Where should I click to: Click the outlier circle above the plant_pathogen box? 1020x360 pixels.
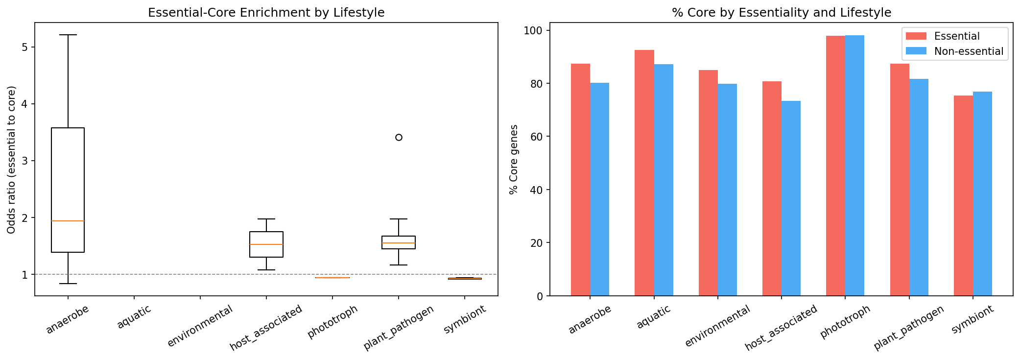coord(399,137)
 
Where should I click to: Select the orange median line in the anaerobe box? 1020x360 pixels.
coord(68,221)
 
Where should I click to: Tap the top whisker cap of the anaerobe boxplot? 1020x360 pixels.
coord(68,35)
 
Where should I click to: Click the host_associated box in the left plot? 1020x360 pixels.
coord(266,244)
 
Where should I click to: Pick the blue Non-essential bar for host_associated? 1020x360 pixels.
coord(791,198)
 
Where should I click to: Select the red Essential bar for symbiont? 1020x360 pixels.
coord(963,195)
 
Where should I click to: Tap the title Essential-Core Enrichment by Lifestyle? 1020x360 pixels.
coord(266,13)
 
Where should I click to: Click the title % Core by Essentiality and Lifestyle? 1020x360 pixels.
coord(781,13)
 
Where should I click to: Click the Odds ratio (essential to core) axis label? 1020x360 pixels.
coord(12,159)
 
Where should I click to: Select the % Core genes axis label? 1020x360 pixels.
coord(513,159)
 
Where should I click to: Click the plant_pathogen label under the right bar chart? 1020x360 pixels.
coord(908,328)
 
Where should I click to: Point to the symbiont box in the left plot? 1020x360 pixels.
coord(465,279)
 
